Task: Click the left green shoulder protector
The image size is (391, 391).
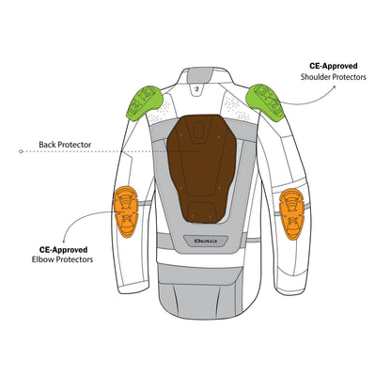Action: [144, 102]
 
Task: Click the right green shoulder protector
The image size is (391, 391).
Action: [265, 102]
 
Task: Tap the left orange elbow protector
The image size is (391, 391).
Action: [126, 211]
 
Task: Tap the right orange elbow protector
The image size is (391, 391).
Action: [291, 214]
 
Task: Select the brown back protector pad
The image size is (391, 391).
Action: [202, 168]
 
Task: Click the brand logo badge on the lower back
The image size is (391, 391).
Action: [206, 241]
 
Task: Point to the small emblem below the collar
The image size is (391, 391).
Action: [196, 88]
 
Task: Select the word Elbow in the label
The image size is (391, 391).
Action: [41, 259]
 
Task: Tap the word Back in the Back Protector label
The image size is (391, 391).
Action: [47, 145]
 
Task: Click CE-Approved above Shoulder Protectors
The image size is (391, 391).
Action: [334, 66]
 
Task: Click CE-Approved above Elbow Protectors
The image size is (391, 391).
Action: [63, 250]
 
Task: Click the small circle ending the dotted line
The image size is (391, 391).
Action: [21, 151]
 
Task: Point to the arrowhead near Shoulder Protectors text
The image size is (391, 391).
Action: [334, 87]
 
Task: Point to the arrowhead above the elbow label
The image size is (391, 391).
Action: [64, 241]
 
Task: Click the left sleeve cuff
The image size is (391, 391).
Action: [133, 287]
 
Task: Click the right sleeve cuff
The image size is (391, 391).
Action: [289, 289]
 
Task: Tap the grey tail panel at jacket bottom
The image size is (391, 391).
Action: [200, 292]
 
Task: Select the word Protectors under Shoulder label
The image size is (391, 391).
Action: [349, 77]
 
